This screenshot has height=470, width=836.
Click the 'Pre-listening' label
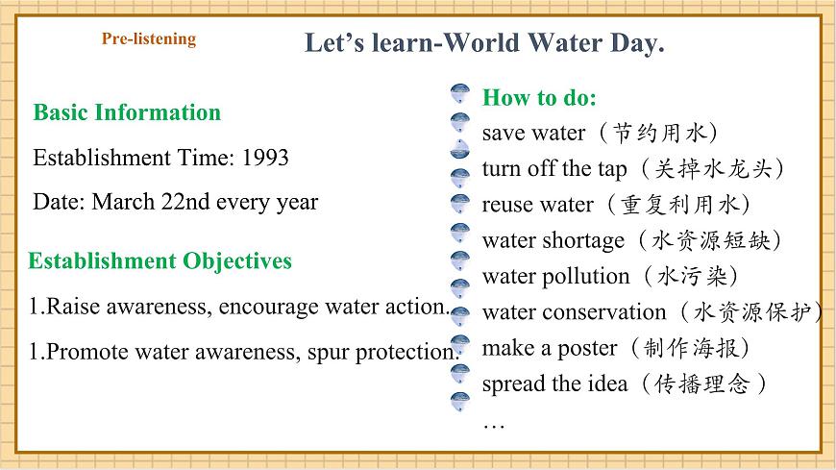click(x=148, y=39)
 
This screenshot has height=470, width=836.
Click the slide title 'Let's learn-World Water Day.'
click(x=484, y=43)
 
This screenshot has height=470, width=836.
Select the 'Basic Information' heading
click(x=127, y=112)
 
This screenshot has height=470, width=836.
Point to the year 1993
click(x=265, y=158)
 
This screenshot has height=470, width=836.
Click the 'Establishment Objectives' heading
click(x=160, y=261)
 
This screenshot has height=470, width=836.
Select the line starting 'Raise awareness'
click(x=239, y=308)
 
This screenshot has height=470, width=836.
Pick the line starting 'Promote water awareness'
click(x=244, y=352)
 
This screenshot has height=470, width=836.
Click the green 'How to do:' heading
click(x=539, y=97)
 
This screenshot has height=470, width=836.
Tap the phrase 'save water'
click(x=532, y=133)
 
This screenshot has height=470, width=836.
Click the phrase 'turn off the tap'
click(x=553, y=169)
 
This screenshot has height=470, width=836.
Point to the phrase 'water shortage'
click(x=553, y=240)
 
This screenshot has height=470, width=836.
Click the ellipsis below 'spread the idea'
click(x=493, y=424)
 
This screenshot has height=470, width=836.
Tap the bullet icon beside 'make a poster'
click(x=460, y=343)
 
